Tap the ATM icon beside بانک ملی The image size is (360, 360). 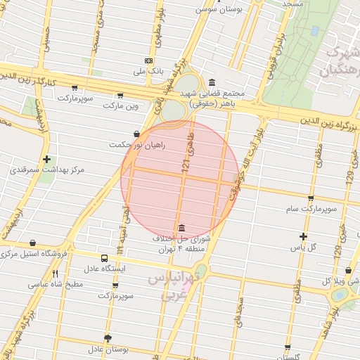148,60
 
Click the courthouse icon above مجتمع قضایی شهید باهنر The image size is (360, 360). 212,82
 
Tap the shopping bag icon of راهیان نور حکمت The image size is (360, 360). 136,133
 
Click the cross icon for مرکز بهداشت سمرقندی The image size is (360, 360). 46,159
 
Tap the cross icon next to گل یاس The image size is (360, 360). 303,237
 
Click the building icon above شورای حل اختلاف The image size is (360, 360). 182,228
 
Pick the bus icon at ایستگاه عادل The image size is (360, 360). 104,258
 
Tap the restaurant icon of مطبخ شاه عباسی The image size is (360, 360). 55,274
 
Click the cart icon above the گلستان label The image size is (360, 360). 288,347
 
